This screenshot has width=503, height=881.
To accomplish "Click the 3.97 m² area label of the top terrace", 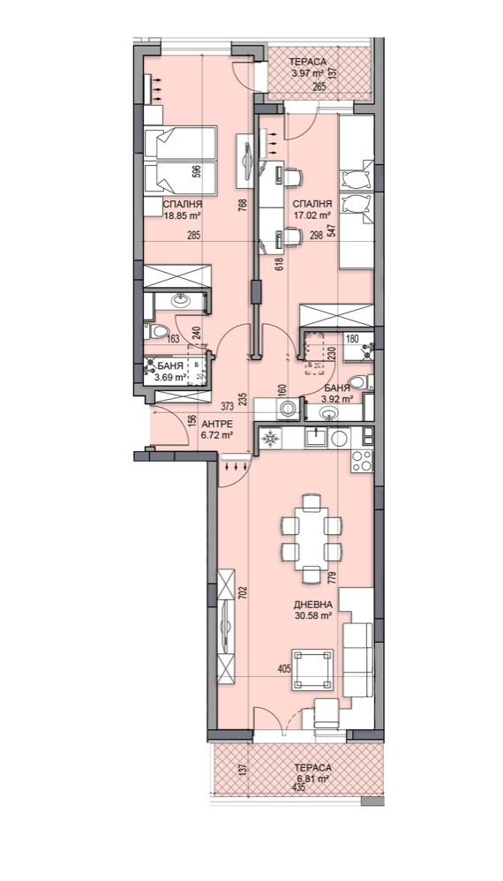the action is click(x=306, y=72).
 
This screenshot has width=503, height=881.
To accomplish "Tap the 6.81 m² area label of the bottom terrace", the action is click(x=312, y=779).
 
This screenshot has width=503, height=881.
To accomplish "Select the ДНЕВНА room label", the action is click(x=312, y=605).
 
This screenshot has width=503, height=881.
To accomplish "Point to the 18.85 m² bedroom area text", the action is click(x=183, y=214).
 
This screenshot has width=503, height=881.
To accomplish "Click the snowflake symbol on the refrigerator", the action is click(x=271, y=437).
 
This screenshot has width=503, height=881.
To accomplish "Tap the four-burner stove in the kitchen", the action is click(x=362, y=461).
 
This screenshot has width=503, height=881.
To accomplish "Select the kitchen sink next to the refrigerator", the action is click(x=315, y=437).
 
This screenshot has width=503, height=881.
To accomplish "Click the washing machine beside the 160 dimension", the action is click(x=289, y=409).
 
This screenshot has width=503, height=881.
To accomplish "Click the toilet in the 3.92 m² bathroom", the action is click(x=360, y=383).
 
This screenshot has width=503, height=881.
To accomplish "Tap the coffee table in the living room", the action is click(x=312, y=669).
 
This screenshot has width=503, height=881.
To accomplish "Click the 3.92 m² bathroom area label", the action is click(x=337, y=400).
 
